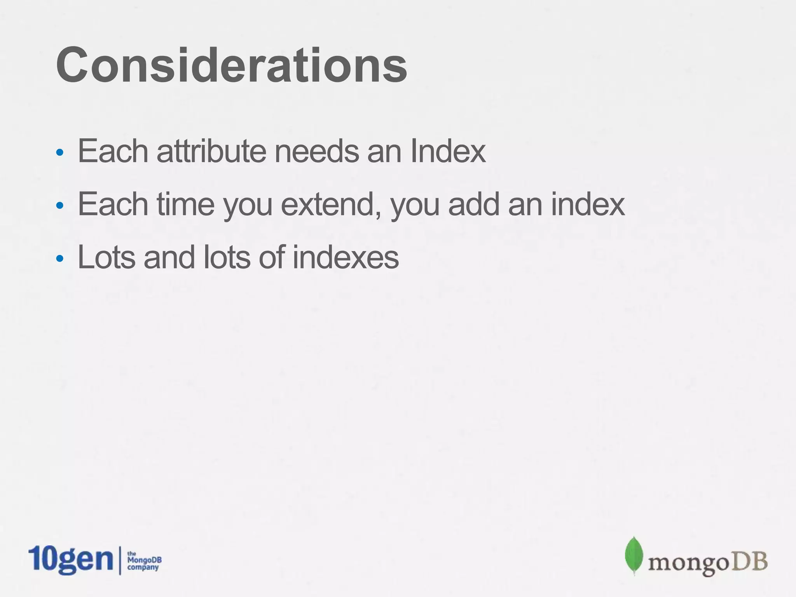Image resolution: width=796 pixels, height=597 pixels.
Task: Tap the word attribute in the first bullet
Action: click(211, 151)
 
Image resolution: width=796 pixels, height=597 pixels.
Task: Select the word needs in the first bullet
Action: click(316, 151)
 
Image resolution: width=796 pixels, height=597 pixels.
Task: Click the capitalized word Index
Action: click(448, 151)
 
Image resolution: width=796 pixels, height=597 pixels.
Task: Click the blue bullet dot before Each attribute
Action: click(59, 153)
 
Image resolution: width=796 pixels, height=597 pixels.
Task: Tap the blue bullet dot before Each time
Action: click(59, 206)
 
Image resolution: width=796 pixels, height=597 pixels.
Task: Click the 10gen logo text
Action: click(70, 560)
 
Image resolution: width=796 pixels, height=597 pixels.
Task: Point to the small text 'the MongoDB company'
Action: click(144, 561)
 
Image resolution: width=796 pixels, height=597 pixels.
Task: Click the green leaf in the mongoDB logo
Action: click(634, 555)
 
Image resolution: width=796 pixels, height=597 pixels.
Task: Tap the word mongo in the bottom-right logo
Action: click(687, 563)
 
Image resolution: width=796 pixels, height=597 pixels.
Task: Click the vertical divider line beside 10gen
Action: click(119, 560)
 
